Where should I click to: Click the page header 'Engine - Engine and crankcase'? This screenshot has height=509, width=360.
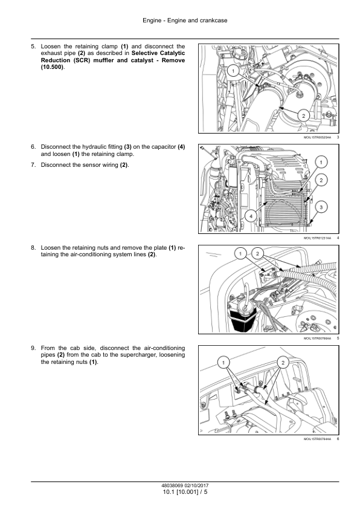(x=185, y=21)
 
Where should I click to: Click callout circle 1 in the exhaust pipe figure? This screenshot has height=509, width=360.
(x=234, y=71)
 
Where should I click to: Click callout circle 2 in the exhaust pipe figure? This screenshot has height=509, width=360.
(x=304, y=116)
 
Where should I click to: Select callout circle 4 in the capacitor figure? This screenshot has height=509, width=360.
(x=251, y=216)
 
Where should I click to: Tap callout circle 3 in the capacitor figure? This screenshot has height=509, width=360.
(x=321, y=207)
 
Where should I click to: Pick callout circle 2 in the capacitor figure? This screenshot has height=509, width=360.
(x=321, y=180)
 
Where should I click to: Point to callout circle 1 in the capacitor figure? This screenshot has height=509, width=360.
(x=321, y=162)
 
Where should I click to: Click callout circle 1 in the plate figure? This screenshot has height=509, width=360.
(x=240, y=253)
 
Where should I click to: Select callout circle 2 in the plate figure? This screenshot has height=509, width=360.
(x=257, y=253)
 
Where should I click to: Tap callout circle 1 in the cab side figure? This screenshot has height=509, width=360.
(x=223, y=362)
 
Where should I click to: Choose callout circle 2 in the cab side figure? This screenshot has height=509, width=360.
(x=283, y=362)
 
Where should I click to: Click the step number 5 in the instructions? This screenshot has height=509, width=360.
(x=33, y=47)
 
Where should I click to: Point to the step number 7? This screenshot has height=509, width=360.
(x=33, y=165)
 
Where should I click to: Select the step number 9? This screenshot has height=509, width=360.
(x=33, y=348)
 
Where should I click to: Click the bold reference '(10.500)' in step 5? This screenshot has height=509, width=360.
(x=52, y=67)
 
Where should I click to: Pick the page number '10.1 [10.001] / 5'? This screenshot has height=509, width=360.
(x=185, y=492)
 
